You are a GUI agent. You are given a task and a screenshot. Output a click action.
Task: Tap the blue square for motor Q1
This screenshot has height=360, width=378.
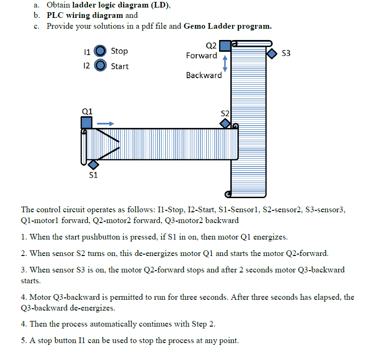pyautogui.click(x=87, y=123)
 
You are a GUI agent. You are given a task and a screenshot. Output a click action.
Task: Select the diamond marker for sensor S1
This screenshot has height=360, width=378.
pyautogui.click(x=93, y=164)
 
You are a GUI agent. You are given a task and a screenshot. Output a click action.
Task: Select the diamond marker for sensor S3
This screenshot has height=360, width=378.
pyautogui.click(x=272, y=54)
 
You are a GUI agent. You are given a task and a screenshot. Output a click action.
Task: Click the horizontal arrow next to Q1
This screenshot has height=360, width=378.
pyautogui.click(x=105, y=123)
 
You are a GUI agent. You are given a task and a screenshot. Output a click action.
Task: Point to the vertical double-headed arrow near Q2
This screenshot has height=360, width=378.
pyautogui.click(x=225, y=64)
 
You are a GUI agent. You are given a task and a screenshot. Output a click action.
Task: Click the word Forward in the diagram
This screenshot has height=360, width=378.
pyautogui.click(x=201, y=56)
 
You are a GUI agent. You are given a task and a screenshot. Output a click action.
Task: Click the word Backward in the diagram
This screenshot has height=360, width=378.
pyautogui.click(x=204, y=75)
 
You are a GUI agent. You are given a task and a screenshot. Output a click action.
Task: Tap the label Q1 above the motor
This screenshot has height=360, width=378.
pyautogui.click(x=87, y=111)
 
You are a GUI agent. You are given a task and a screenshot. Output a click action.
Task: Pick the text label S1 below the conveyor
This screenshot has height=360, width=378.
pyautogui.click(x=93, y=175)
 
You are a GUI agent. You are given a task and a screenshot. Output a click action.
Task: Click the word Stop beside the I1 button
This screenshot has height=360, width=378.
pyautogui.click(x=119, y=51)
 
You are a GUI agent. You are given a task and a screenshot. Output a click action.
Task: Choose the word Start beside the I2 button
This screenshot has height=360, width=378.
pyautogui.click(x=119, y=66)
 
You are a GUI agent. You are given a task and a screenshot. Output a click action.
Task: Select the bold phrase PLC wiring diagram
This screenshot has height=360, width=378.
pyautogui.click(x=85, y=16)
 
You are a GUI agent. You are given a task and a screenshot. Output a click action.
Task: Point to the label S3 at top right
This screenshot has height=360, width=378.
pyautogui.click(x=286, y=53)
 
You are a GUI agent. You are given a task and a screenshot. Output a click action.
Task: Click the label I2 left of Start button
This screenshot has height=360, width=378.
pyautogui.click(x=87, y=66)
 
